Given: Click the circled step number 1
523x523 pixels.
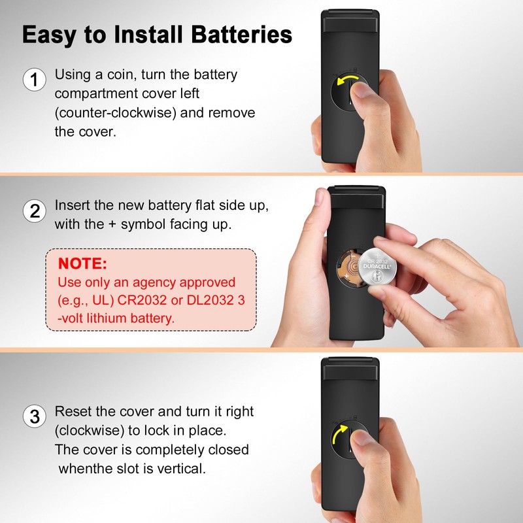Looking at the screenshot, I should pos(35,80).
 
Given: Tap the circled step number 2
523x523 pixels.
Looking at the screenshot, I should pos(35,211).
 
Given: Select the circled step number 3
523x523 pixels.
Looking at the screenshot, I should pos(35,416).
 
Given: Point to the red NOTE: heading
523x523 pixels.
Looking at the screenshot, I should pos(82,263).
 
